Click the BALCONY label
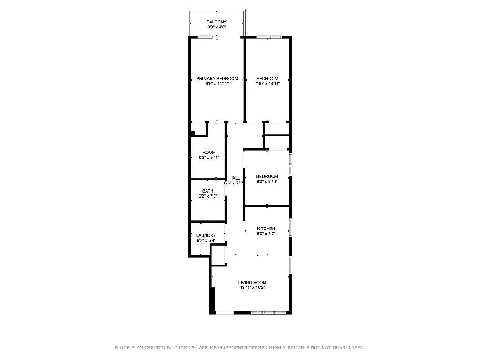pos(216,22)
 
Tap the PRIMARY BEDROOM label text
pos(217,79)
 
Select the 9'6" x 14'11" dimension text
pos(217,84)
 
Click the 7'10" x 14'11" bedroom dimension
pos(267,84)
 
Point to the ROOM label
pos(209,153)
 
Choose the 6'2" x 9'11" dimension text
pos(209,157)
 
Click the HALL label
pos(234,178)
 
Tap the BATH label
pos(207,191)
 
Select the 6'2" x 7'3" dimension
pos(207,196)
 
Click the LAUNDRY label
pos(206,235)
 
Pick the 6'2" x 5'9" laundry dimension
pos(206,241)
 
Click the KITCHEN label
pos(266,229)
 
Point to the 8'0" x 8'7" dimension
pos(266,234)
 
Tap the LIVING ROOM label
pos(252,283)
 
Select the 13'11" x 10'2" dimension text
pos(252,288)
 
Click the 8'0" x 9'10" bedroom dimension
pos(267,182)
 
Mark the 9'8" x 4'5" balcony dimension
pos(216,27)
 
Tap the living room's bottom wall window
pos(269,312)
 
